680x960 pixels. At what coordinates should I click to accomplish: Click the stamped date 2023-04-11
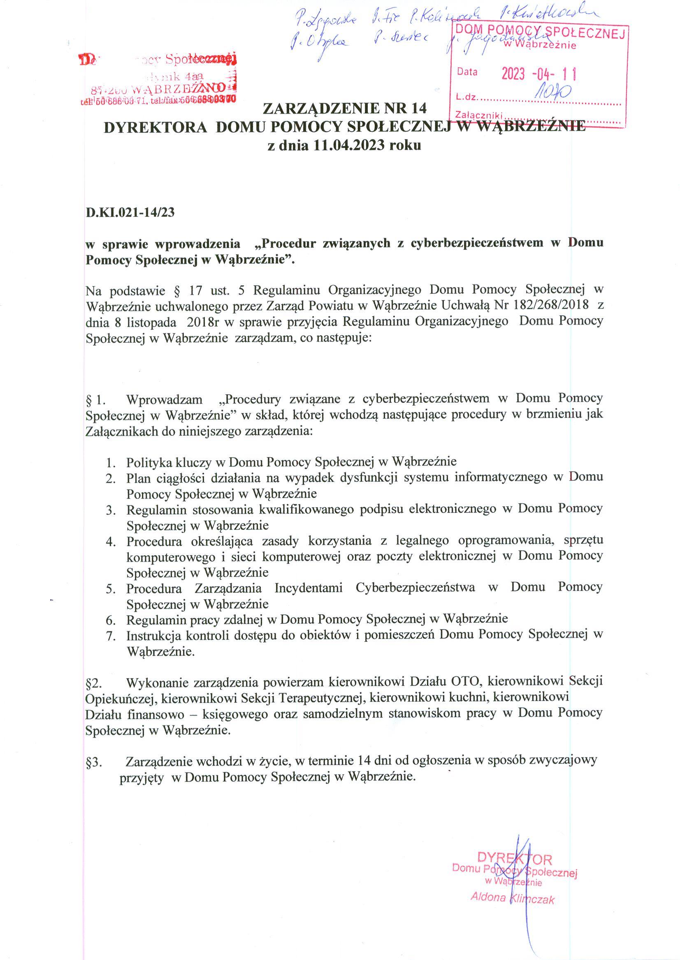click(x=539, y=74)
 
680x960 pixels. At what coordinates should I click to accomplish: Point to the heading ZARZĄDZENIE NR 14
click(x=344, y=109)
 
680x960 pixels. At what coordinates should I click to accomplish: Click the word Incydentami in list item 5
click(x=308, y=588)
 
